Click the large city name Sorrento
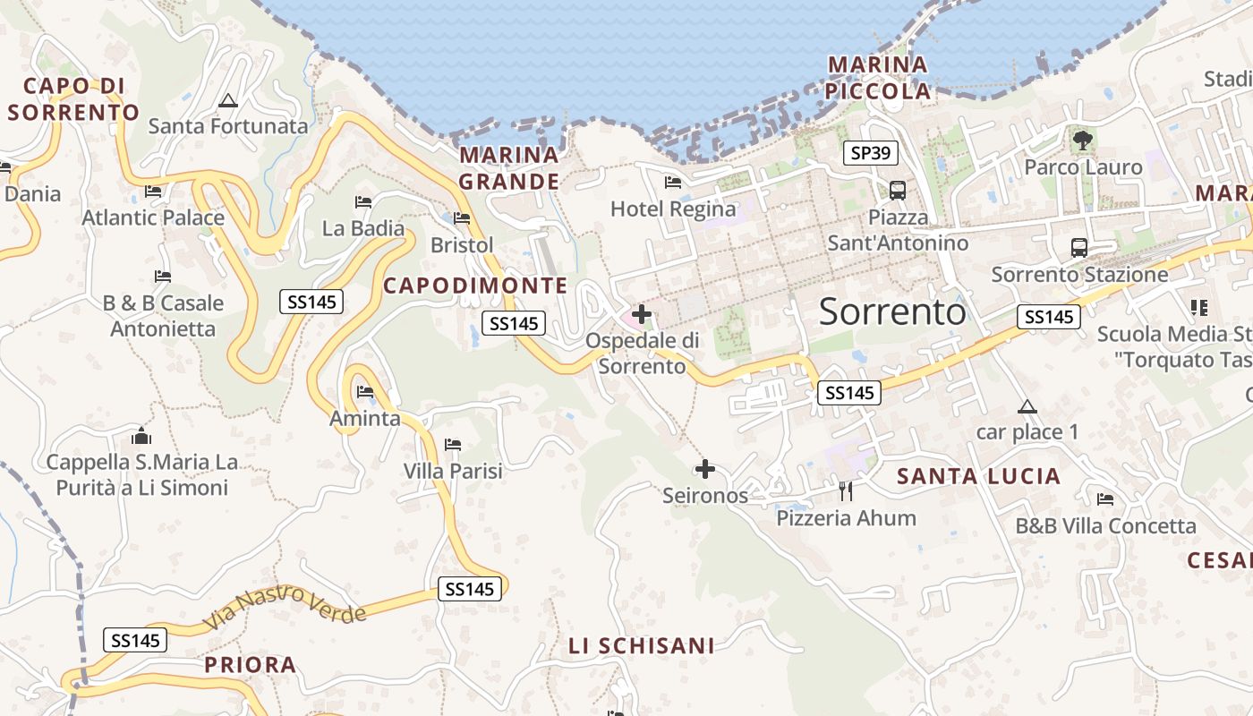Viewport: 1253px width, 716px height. coord(892,311)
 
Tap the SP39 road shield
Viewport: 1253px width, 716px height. coord(870,153)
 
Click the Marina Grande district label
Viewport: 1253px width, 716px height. coord(509,168)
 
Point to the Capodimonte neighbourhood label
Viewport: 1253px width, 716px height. coord(475,286)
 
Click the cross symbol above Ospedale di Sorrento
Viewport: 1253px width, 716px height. coord(642,314)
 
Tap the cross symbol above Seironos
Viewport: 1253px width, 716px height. coord(705,468)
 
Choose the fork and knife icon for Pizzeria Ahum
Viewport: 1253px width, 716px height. coord(846,490)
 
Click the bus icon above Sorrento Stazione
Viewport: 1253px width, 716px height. coord(1079,248)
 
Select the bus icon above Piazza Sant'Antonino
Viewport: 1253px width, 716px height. coord(897,191)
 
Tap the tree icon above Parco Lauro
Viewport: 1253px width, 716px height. coord(1083,140)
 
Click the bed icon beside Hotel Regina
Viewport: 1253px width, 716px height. coord(673,183)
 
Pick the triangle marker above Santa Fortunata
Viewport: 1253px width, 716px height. coord(227,100)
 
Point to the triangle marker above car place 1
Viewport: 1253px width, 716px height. coord(1027,407)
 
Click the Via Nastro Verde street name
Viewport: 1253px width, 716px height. coord(285,607)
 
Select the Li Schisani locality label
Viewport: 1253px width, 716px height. coord(642,645)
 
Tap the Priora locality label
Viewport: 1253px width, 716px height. coord(251,665)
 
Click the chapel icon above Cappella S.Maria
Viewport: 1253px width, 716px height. coord(141,436)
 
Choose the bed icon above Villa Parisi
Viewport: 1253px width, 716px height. coord(453,444)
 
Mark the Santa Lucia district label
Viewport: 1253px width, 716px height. coord(979,476)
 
